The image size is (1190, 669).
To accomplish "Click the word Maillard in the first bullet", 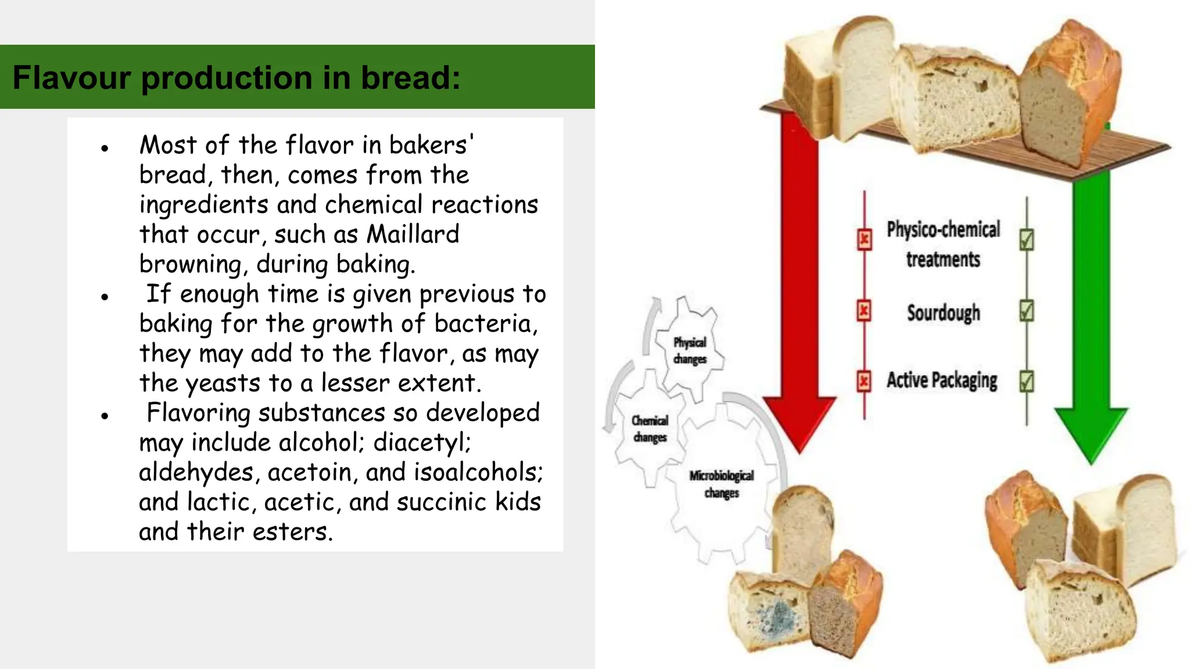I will (x=413, y=235).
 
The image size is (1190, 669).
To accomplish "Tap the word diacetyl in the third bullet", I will (x=422, y=443).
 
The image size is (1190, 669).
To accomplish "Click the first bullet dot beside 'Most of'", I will (x=105, y=149).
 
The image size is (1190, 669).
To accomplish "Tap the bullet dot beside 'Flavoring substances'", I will (x=105, y=416).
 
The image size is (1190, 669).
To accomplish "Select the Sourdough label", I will (x=944, y=313).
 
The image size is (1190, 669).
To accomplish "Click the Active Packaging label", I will (x=942, y=380).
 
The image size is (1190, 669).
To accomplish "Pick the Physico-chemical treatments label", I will (x=943, y=244).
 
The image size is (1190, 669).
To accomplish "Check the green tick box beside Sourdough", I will (x=1027, y=311).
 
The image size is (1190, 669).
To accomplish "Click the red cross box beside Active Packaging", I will (x=864, y=382).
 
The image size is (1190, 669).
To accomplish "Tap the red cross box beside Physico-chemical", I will (x=865, y=239).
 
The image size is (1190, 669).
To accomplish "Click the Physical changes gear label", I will (x=690, y=351).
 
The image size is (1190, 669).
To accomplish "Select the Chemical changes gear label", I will (x=650, y=429).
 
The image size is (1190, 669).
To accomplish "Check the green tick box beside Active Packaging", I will (x=1027, y=382).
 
